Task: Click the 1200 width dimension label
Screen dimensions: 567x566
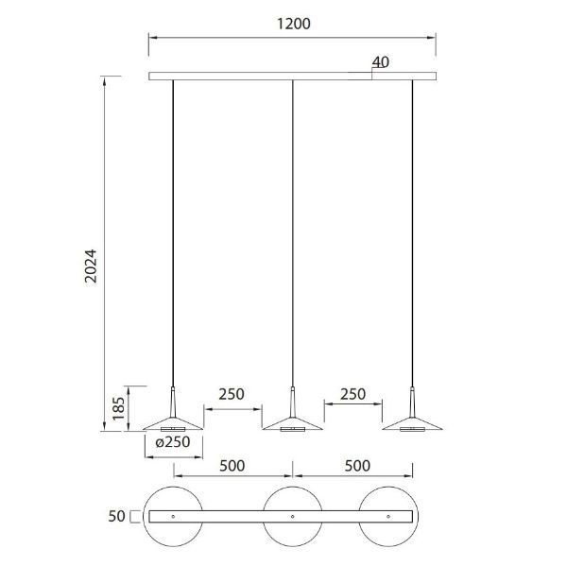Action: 294,24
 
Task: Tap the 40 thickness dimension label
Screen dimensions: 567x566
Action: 381,62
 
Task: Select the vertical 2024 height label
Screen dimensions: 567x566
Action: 91,266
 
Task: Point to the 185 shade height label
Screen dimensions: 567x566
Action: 118,408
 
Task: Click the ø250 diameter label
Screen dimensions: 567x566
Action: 173,441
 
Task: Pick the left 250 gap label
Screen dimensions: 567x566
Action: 232,394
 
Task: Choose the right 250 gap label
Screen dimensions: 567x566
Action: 352,394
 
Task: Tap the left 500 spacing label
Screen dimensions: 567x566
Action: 232,466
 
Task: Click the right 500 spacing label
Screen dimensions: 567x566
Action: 357,466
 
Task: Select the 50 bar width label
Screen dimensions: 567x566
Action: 116,516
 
